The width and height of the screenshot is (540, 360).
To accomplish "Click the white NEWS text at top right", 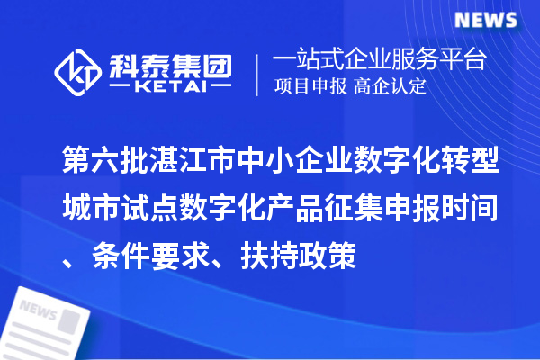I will (x=483, y=20).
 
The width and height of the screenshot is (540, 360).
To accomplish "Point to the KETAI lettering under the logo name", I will (x=171, y=86).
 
